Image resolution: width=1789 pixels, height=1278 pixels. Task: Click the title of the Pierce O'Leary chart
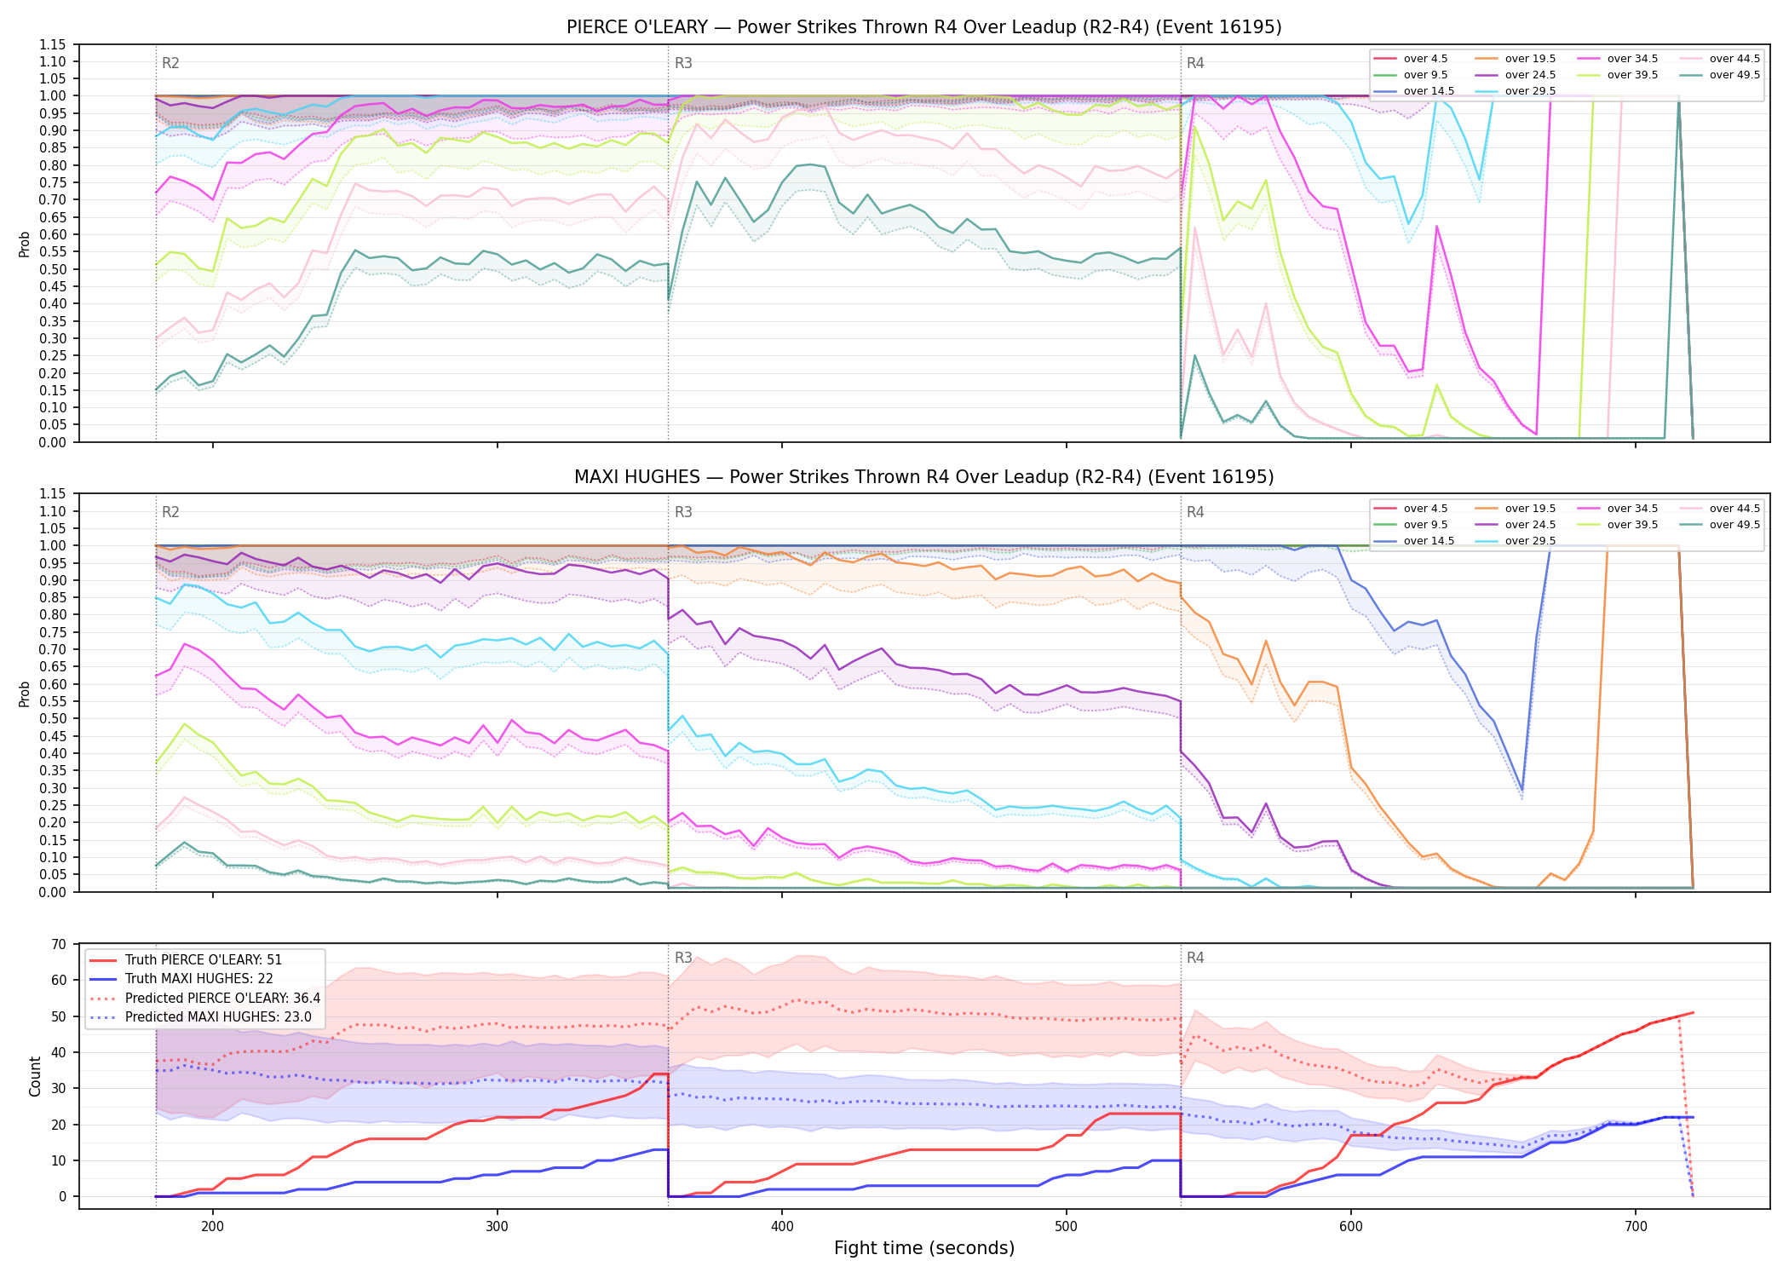(923, 27)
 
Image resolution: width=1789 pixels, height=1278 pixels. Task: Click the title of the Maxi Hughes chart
(923, 477)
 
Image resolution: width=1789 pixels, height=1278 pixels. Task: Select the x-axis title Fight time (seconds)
(924, 1248)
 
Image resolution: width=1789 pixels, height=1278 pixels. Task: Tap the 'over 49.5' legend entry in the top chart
(1720, 75)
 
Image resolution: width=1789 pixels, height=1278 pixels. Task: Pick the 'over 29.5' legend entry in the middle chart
(1516, 541)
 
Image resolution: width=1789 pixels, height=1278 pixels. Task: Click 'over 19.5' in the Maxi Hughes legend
(1516, 509)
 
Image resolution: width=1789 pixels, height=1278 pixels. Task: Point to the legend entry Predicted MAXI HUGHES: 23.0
(204, 1016)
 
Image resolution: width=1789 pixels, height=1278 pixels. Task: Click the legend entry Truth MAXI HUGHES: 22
(181, 978)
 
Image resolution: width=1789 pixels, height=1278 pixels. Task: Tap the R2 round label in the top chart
(170, 63)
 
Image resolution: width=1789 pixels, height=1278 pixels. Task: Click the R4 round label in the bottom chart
(1195, 958)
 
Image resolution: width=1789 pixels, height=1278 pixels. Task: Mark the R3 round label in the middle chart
(683, 512)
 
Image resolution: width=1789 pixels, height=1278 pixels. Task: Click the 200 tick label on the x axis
(213, 1226)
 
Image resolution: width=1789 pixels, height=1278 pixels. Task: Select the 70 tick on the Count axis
(59, 944)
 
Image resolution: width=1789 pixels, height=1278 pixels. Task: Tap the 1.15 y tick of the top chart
(52, 44)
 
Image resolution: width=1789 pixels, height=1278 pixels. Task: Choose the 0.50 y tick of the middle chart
(52, 718)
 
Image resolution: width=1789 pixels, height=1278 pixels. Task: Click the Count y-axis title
(35, 1076)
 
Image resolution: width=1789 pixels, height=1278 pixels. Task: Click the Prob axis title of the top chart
(25, 244)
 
